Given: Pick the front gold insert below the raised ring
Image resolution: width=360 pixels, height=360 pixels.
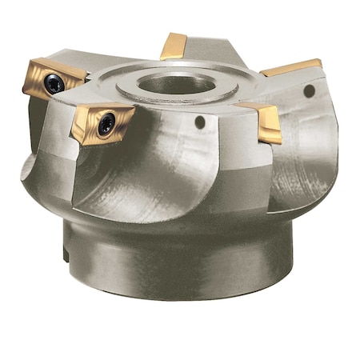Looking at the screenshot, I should coord(102,122).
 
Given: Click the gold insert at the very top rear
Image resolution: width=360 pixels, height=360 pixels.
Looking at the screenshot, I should coord(173,46).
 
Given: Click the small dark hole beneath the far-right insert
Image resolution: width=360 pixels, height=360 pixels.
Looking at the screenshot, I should coord(308,91).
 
